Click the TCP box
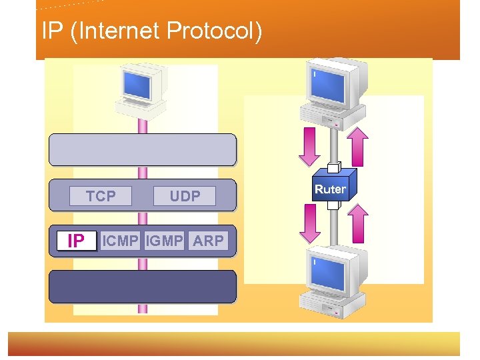coord(101,196)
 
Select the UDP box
coord(185,196)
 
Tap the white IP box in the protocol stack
coord(76,241)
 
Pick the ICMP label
coord(120,241)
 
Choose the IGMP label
coord(164,241)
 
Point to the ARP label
coord(208,241)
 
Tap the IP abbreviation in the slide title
coord(53,31)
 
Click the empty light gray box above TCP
coord(143,149)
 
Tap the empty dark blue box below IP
coord(143,287)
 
